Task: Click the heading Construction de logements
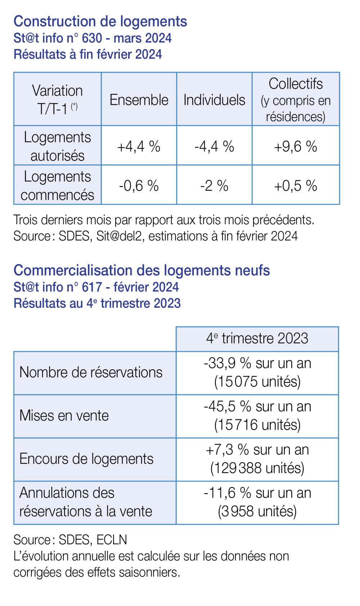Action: [100, 21]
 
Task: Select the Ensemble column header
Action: [139, 100]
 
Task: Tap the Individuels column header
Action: [214, 100]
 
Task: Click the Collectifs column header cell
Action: [296, 99]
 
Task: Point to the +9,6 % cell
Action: [296, 146]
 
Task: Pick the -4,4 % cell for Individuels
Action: [214, 146]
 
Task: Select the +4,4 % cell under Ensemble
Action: [139, 146]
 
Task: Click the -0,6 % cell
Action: [139, 186]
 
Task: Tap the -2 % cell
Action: [214, 186]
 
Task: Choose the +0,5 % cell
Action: [296, 186]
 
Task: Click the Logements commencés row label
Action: [57, 186]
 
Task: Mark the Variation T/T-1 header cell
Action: [57, 100]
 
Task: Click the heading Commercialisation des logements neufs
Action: [141, 270]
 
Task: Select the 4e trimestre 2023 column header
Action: [257, 339]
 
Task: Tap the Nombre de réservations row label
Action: [91, 372]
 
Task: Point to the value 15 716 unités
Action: [257, 425]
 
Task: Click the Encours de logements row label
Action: [86, 459]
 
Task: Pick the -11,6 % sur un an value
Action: [257, 493]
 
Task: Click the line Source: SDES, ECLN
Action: [70, 539]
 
